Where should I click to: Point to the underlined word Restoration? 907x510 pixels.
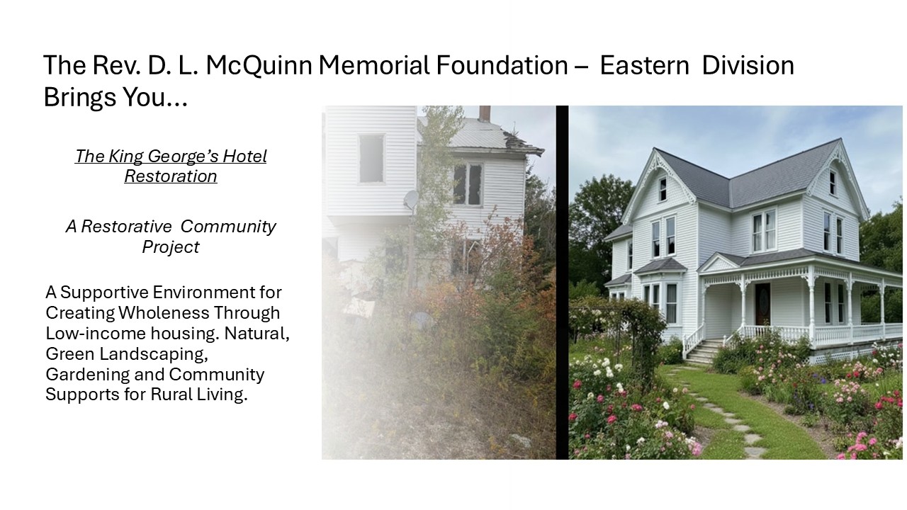pos(171,176)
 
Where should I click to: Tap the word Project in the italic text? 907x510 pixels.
pos(171,247)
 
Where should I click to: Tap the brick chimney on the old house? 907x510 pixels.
pos(485,113)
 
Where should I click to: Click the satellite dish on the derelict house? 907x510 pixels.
pos(410,200)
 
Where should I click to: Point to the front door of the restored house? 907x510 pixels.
pos(762,304)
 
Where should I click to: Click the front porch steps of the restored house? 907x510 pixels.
pos(702,351)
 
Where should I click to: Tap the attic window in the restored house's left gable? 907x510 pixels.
pos(662,189)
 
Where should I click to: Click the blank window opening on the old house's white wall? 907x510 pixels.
pos(371,159)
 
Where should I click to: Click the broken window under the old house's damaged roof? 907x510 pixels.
pos(467,183)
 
